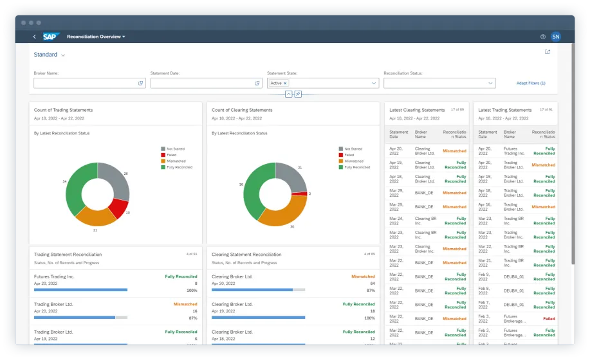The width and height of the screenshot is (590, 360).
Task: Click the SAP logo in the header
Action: coord(51,37)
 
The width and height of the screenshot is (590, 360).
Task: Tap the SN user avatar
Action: coord(555,37)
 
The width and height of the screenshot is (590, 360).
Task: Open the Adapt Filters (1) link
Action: coord(531,83)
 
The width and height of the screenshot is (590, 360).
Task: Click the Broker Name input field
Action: coord(85,83)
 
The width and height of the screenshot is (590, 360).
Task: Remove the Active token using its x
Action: coord(285,83)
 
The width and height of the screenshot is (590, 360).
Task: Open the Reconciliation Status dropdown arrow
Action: coord(490,83)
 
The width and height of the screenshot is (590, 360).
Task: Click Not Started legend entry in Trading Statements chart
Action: coord(174,149)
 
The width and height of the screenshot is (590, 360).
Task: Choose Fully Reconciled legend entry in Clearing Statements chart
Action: coord(357,167)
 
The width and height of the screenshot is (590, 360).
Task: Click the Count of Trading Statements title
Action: coord(63,110)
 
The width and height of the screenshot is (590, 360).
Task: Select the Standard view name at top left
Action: coord(46,55)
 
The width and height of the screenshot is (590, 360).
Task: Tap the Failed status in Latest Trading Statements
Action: coord(548,318)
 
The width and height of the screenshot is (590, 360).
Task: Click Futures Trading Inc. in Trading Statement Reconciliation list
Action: coord(54,276)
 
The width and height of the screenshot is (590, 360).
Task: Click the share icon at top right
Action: coord(548,52)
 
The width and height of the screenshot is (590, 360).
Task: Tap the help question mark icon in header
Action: coord(542,37)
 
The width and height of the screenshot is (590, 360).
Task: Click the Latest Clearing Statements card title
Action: coord(417,110)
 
